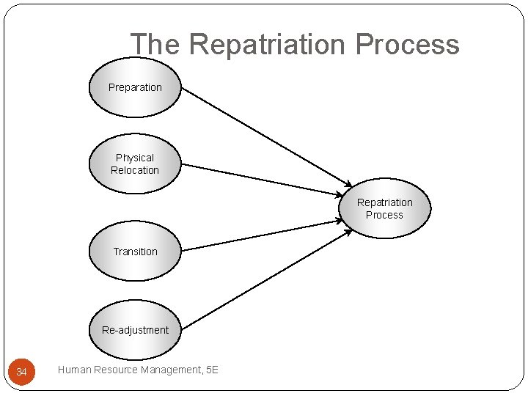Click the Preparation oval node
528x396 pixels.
tap(135, 88)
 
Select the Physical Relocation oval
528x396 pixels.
tap(135, 164)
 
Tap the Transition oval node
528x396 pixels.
tap(135, 252)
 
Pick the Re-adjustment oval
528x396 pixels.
tap(135, 330)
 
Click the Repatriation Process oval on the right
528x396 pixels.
tap(384, 208)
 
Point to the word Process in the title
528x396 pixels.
tap(407, 45)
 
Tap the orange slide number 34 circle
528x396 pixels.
tap(21, 373)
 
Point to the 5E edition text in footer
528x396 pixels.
tap(212, 370)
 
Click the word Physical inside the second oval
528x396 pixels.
tap(135, 158)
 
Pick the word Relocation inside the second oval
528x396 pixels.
tap(135, 170)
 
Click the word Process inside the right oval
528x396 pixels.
tap(384, 215)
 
